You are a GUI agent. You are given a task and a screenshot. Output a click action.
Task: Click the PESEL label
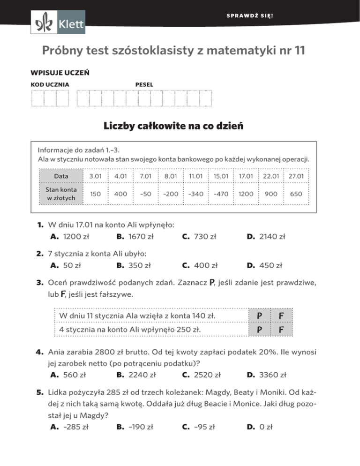tap(143, 84)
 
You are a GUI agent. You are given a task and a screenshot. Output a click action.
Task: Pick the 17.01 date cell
tap(246, 176)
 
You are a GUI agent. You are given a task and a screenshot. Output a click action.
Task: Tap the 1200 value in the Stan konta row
tap(246, 193)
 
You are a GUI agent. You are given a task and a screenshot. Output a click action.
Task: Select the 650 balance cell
tap(295, 193)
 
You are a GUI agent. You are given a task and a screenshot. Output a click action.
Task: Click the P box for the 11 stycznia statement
tap(258, 316)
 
